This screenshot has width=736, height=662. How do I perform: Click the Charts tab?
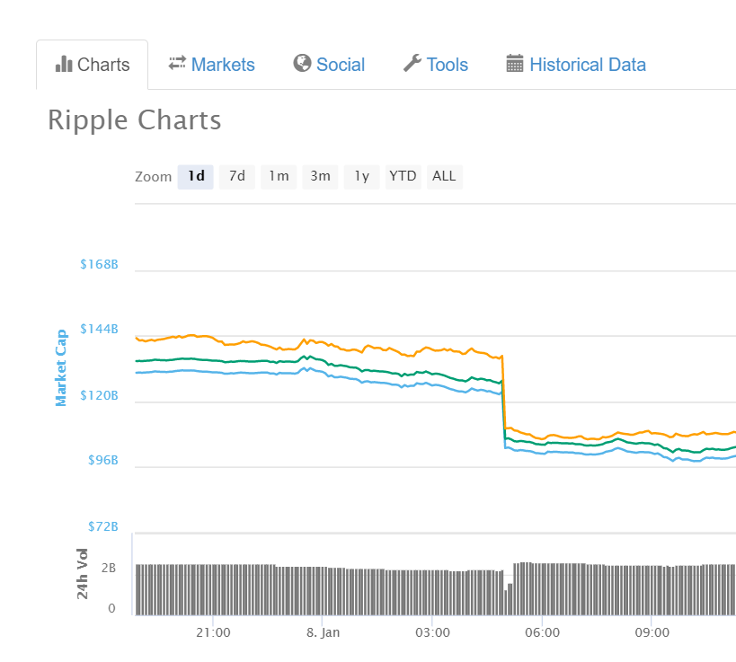coord(93,65)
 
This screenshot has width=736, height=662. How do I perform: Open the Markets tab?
coord(212,65)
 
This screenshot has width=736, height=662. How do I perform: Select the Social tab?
coord(329,65)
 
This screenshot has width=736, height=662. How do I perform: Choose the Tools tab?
coord(436,65)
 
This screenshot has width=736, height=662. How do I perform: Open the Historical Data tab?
coord(576,65)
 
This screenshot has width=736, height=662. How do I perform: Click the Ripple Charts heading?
coord(135,120)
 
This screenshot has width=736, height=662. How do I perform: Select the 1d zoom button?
coord(196,176)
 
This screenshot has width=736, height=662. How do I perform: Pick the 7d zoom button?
coord(237,176)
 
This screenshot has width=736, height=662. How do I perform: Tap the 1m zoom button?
coord(279,176)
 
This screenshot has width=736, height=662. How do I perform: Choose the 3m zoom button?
coord(320,176)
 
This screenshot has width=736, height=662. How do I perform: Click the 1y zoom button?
coord(361,176)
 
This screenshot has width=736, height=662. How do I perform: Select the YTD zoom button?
coord(403,176)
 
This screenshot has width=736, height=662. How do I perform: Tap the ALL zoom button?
coord(444,176)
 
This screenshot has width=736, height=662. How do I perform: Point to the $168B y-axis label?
coord(99,265)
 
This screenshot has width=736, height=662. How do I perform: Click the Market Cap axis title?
coord(62,367)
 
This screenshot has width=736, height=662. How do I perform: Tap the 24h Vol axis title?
coord(83,573)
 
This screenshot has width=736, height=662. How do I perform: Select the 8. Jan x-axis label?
coord(324,632)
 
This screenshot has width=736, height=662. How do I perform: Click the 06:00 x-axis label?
coord(543,632)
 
